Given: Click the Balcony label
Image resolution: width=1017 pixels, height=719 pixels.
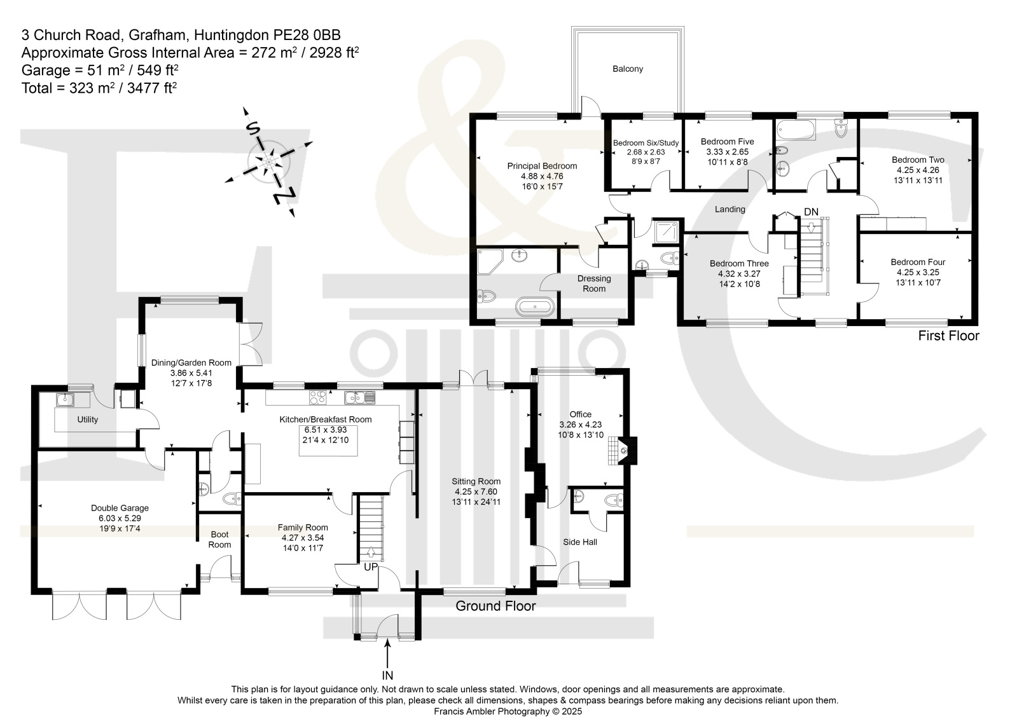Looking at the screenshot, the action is pyautogui.click(x=628, y=69).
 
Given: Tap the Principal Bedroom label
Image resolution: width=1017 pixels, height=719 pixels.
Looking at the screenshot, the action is pyautogui.click(x=542, y=166).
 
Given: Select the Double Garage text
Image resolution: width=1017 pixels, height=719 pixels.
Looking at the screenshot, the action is pyautogui.click(x=120, y=508).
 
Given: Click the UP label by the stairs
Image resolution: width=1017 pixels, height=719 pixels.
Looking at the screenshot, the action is pyautogui.click(x=370, y=567).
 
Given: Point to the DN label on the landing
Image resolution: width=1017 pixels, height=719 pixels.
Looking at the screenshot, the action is pyautogui.click(x=811, y=212).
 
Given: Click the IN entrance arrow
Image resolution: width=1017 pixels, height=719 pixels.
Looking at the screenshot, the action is pyautogui.click(x=387, y=653).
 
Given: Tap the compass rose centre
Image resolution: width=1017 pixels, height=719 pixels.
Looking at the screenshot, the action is pyautogui.click(x=269, y=161).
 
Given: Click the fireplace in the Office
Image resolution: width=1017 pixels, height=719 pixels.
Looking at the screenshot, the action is pyautogui.click(x=623, y=450).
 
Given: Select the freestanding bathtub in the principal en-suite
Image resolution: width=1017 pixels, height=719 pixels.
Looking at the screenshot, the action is pyautogui.click(x=535, y=307).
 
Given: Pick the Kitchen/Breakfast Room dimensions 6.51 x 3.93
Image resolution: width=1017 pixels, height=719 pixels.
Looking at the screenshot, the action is pyautogui.click(x=325, y=430).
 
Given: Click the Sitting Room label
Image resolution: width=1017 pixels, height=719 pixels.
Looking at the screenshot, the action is pyautogui.click(x=476, y=481).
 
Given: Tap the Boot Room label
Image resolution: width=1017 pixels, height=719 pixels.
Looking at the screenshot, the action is pyautogui.click(x=219, y=540).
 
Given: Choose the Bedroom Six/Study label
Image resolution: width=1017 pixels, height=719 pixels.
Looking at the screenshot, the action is pyautogui.click(x=646, y=143).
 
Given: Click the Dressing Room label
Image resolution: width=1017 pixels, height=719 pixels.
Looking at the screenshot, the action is pyautogui.click(x=594, y=284).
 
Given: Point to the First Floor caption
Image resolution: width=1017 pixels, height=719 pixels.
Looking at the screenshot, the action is pyautogui.click(x=948, y=336).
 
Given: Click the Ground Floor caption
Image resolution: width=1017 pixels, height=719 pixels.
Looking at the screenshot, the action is pyautogui.click(x=495, y=606).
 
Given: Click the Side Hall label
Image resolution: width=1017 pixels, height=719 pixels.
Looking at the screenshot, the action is pyautogui.click(x=580, y=542).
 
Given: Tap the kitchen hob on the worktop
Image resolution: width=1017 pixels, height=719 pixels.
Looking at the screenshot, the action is pyautogui.click(x=317, y=397).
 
